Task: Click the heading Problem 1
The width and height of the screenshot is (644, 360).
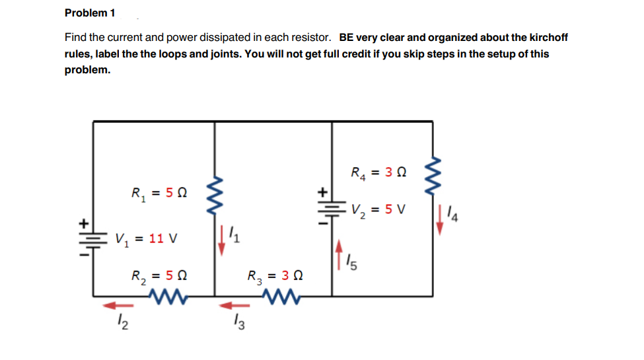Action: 90,13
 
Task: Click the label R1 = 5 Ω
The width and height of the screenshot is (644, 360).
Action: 159,194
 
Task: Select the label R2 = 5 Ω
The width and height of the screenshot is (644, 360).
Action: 159,275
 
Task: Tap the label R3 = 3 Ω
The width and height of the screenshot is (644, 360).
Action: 274,275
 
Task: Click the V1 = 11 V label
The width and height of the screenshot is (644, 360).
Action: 145,238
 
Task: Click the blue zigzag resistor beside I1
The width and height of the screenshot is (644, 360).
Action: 214,187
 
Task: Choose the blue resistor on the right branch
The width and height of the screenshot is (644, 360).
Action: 434,174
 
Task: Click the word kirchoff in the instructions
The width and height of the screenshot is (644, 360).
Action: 546,37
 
